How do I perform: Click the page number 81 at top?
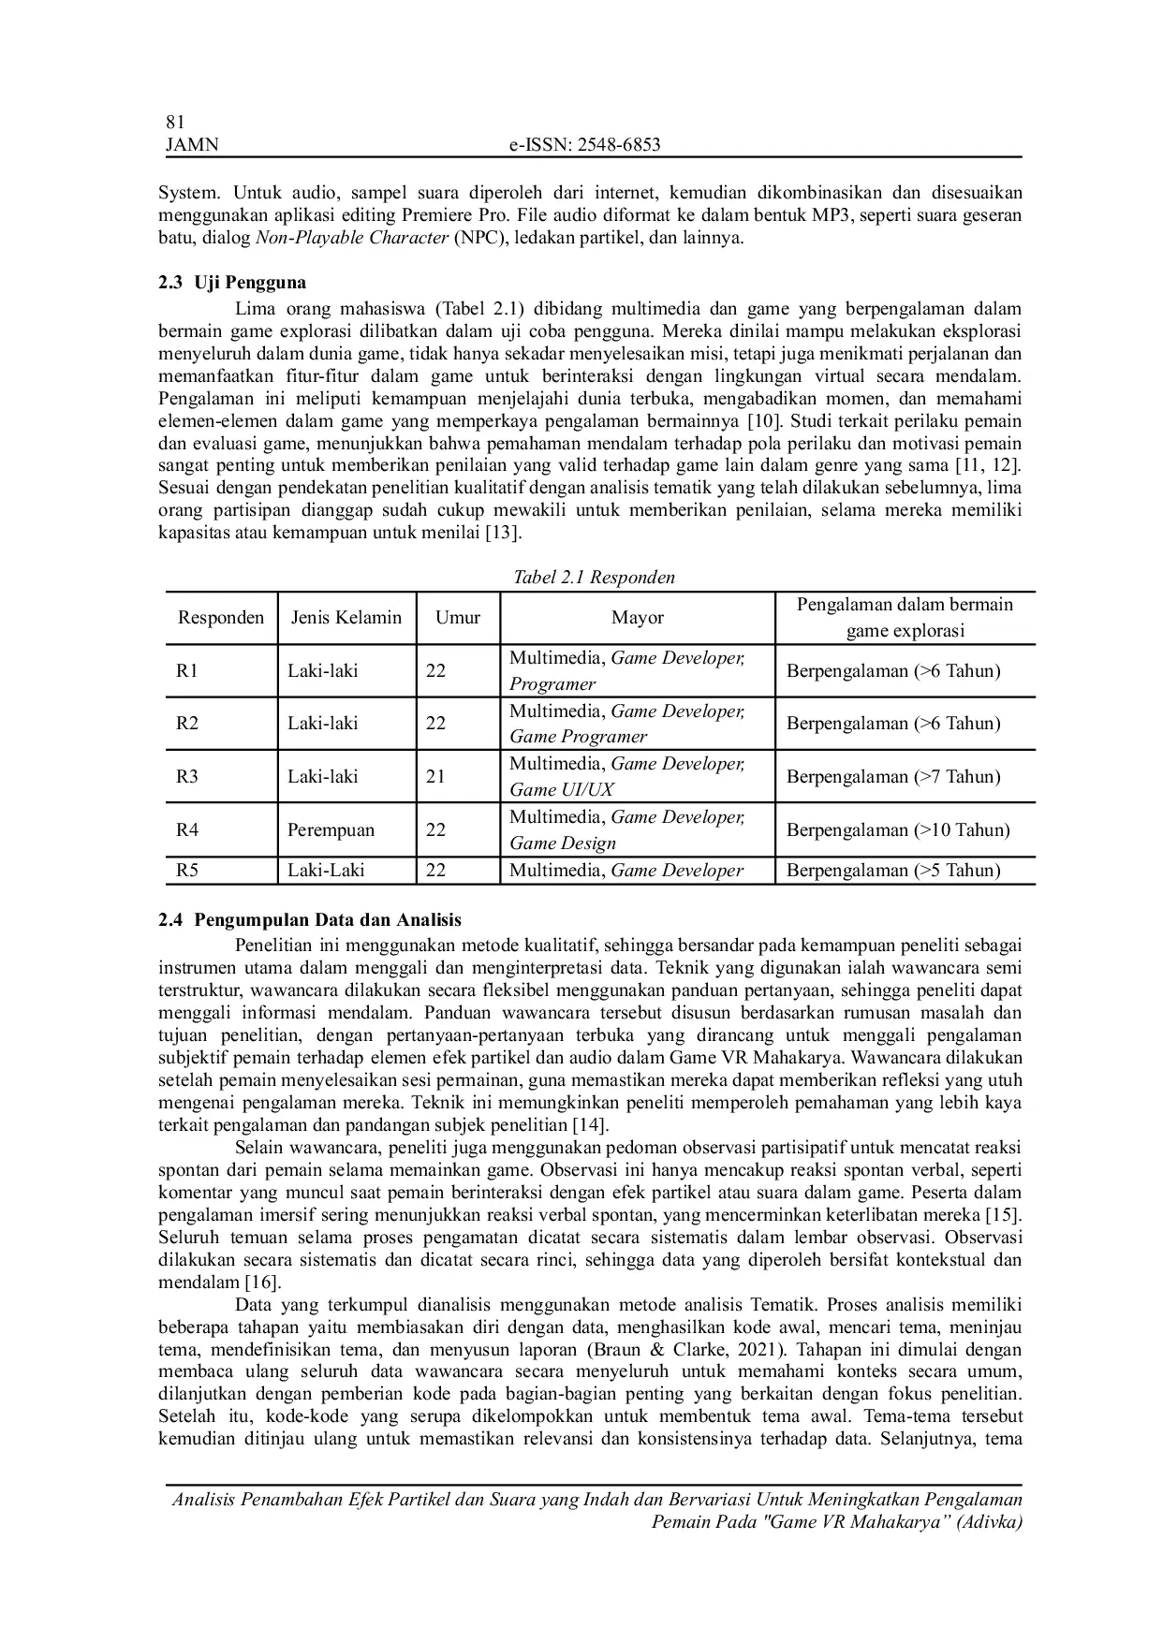coord(175,122)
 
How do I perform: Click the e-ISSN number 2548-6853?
coord(584,144)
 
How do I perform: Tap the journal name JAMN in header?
coord(191,144)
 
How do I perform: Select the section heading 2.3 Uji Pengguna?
coord(232,283)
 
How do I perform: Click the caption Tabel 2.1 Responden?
coord(594,577)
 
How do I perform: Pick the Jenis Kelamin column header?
coord(346,618)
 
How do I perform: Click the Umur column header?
coord(458,618)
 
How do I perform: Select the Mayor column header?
coord(638,618)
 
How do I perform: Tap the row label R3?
coord(187,777)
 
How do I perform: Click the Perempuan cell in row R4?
coord(331,830)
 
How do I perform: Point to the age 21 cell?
coord(435,777)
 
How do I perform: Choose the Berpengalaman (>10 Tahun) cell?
coord(898,830)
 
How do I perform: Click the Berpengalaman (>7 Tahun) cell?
coord(893,777)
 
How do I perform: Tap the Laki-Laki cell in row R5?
coord(326,871)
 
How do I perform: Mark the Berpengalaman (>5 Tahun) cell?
coord(893,871)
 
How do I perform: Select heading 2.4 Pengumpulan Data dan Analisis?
coord(310,920)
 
